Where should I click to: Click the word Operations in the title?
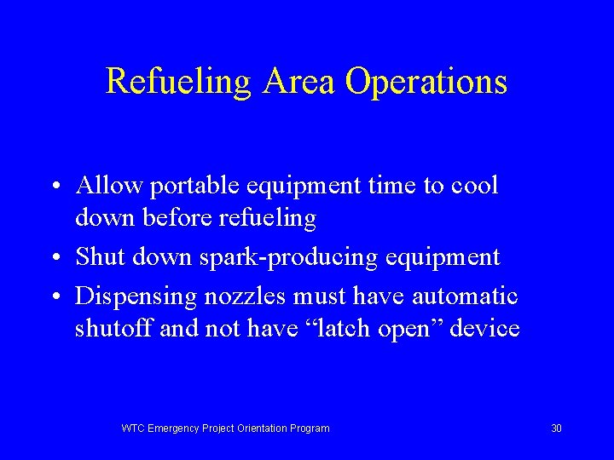click(426, 83)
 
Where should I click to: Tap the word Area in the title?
click(300, 82)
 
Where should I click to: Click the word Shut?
click(98, 257)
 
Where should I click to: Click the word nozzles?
click(246, 296)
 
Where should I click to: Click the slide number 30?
click(556, 428)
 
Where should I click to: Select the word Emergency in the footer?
click(173, 428)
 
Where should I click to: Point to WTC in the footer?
click(133, 428)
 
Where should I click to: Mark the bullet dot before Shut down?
click(54, 258)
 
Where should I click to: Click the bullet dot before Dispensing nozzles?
click(54, 296)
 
